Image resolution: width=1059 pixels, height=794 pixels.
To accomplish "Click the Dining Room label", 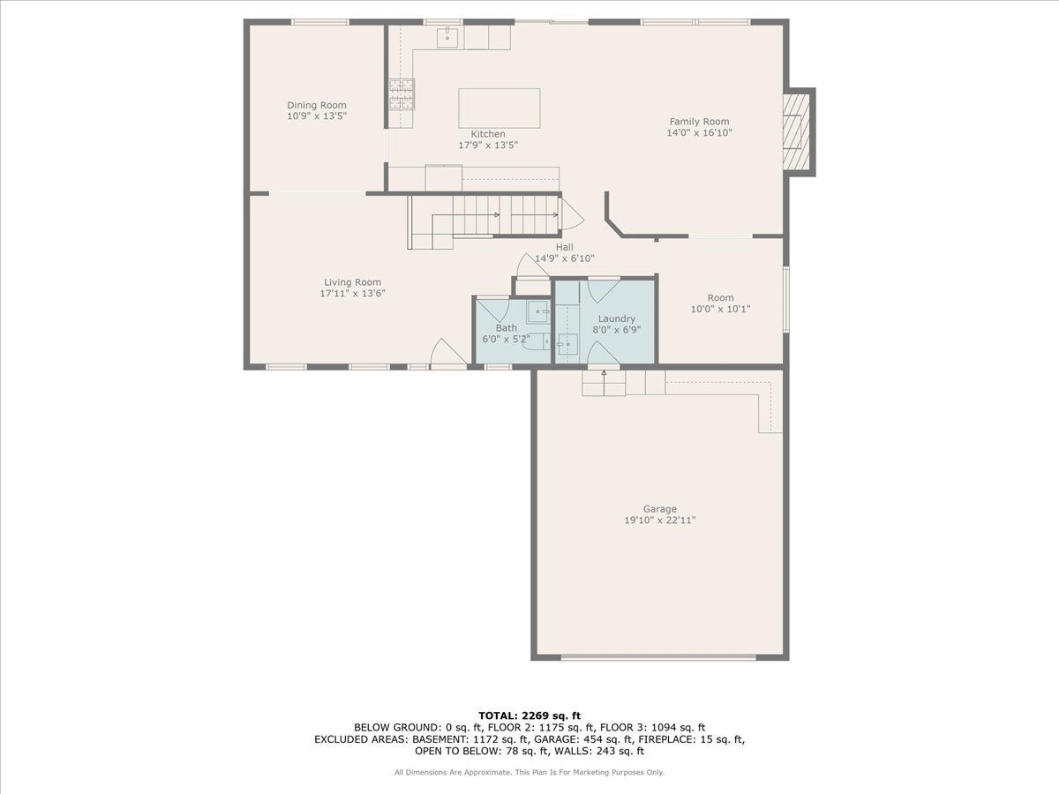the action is coord(317,105).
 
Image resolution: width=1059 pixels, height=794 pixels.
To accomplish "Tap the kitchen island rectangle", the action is coord(499,109).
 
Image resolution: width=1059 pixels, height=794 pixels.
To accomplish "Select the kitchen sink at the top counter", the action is coord(447,38).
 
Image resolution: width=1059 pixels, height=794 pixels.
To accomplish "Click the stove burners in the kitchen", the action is coord(402,94).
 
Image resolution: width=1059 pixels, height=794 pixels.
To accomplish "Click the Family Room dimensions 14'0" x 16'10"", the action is coord(699,132).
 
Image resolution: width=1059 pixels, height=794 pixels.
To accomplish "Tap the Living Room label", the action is coord(352,282).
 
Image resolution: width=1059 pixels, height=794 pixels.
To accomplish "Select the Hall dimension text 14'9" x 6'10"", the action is coord(564,258).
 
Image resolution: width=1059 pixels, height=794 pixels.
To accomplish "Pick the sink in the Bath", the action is coord(538,311).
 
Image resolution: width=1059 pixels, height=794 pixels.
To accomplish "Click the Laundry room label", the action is coord(617,318).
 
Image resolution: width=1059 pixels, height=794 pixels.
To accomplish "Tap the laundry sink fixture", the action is coord(567,344).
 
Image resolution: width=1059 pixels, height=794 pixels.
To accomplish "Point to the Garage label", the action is coord(659,509).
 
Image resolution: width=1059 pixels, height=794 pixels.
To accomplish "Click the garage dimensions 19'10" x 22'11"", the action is coord(659,521).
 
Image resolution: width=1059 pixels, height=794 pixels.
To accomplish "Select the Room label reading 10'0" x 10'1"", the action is coord(720,309).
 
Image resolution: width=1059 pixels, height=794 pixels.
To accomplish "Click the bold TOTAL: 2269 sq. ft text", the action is coord(529,715).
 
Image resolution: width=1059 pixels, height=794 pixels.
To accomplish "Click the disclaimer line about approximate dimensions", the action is coord(529,772).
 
